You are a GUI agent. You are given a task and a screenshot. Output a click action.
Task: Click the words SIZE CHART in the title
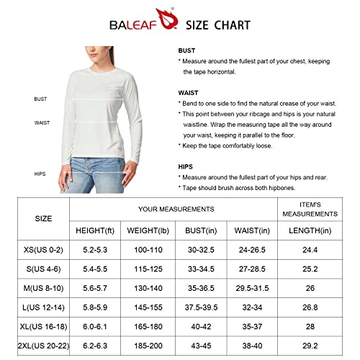218,25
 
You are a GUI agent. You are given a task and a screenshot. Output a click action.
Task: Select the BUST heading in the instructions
187,51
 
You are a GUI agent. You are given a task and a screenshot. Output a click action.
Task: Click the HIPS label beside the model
40,174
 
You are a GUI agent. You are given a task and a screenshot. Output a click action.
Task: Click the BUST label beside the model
41,99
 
